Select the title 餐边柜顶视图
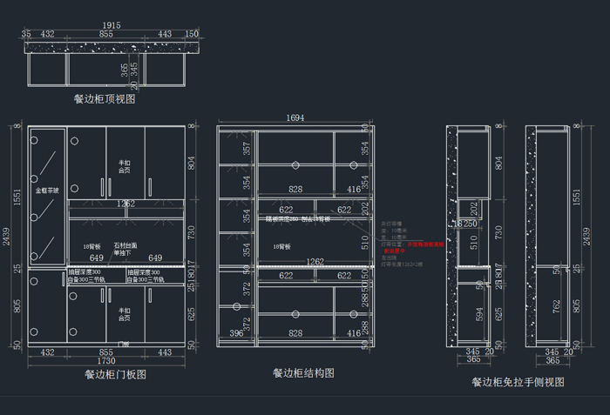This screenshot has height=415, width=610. coord(105,100)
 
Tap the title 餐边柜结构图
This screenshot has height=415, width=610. coord(303,372)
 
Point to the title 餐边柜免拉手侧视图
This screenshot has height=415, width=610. coord(518,381)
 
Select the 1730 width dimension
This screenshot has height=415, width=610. coord(105,360)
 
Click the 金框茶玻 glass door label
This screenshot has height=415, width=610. coord(47,190)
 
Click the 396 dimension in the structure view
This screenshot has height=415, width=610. coord(236,333)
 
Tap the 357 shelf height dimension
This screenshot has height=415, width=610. coord(247,149)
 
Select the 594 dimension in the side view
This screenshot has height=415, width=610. coord(478,313)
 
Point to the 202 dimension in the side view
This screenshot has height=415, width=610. coord(474,208)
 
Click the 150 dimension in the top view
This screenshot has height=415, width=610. coord(192,34)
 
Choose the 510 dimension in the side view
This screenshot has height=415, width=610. coord(474,244)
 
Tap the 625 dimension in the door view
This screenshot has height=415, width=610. coord(193,313)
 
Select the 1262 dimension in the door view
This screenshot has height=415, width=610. coord(125,204)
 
